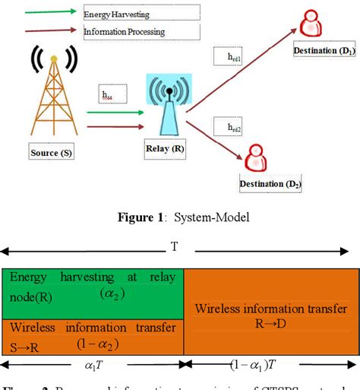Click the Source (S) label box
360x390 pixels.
click(52, 153)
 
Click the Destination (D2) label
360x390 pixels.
click(270, 184)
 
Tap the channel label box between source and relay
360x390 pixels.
click(112, 96)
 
